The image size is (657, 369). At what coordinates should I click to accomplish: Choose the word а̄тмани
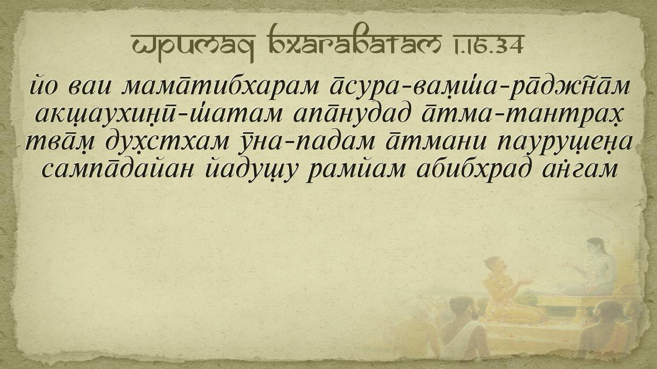[x=435, y=142]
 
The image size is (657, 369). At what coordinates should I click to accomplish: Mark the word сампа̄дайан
[x=118, y=169]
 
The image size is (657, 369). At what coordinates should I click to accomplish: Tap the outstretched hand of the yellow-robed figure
[x=526, y=282]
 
